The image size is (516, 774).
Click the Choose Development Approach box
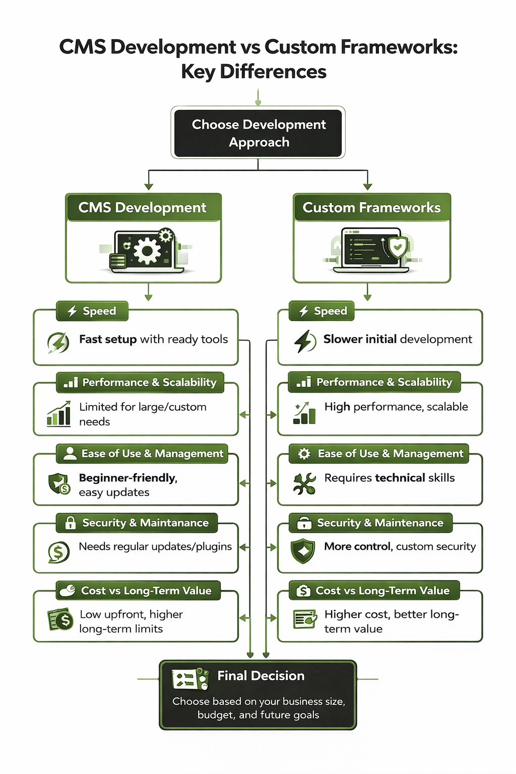(x=258, y=133)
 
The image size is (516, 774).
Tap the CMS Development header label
(x=143, y=208)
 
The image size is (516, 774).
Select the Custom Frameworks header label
(x=371, y=208)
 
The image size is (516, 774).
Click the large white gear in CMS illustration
(x=147, y=250)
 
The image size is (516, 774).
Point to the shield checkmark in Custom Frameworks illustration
(x=398, y=247)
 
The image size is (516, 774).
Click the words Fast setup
(x=108, y=339)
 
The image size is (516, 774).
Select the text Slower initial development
(x=398, y=339)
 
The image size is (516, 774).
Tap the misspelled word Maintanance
(x=174, y=523)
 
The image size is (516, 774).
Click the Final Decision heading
(x=261, y=676)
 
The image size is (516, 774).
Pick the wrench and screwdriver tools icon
(x=304, y=483)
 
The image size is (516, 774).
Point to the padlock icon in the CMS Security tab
(x=71, y=523)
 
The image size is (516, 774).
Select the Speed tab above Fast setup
(x=92, y=311)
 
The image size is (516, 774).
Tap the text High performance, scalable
(x=396, y=407)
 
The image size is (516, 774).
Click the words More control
(x=357, y=546)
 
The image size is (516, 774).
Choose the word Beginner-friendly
(x=128, y=478)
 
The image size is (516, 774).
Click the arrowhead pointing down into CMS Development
(x=149, y=187)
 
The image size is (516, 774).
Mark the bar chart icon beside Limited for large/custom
(x=59, y=414)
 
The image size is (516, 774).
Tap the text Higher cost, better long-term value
(x=391, y=621)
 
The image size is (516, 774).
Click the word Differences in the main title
(x=273, y=72)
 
